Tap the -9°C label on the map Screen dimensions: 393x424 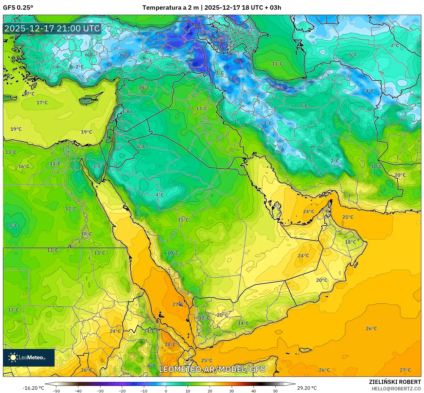pos(278,88)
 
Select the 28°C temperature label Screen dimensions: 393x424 pos(170,345)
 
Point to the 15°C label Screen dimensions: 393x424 pos(183,220)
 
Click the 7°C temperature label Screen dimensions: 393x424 pos(303,105)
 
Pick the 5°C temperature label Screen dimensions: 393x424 pos(353,55)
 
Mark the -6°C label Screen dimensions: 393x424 pos(123,55)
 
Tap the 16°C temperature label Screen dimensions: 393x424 pos(24,167)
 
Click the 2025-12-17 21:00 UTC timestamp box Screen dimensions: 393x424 pos(52,28)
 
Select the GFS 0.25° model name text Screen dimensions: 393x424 pos(18,8)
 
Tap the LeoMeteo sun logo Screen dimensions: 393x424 pos(13,357)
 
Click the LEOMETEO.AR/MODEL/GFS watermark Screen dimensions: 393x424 pos(212,369)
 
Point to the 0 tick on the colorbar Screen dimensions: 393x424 pos(166,391)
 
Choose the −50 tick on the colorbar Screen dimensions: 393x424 pos(56,391)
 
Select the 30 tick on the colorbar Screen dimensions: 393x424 pos(232,391)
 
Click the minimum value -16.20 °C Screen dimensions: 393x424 pos(33,388)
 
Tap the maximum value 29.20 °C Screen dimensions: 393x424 pos(307,388)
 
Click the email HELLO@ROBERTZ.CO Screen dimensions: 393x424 pos(396,388)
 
